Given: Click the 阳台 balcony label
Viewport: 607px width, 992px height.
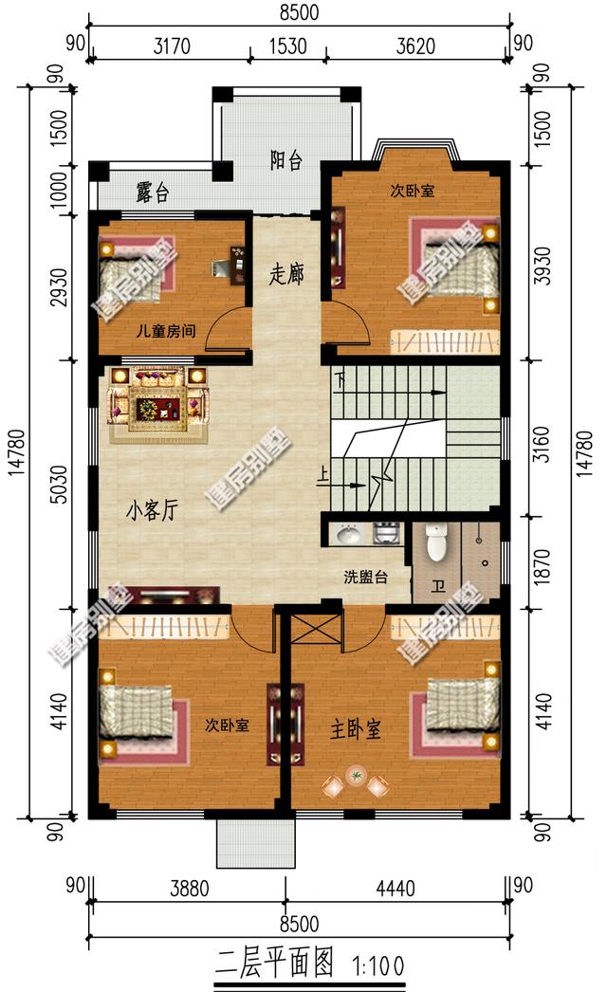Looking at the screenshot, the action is (x=286, y=160).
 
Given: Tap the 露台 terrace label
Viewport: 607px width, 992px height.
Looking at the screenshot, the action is (x=153, y=193).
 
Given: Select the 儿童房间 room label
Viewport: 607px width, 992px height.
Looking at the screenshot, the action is (x=166, y=331).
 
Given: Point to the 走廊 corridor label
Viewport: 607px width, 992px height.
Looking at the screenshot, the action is (x=286, y=274).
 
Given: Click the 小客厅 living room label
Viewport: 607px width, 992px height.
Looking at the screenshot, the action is (x=152, y=510).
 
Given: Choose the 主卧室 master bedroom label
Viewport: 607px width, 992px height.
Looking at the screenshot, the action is (x=356, y=729).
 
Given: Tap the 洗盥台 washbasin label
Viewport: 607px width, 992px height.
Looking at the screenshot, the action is (x=366, y=577).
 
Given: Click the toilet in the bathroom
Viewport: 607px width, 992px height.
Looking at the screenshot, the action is (x=436, y=542).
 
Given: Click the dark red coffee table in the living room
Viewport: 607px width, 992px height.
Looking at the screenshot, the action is (x=158, y=408).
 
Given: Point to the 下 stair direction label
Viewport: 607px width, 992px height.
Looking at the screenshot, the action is (x=341, y=382).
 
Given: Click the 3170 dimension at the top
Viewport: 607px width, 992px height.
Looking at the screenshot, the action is (x=172, y=46).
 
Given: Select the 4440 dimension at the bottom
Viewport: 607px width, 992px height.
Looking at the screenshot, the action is (x=395, y=889).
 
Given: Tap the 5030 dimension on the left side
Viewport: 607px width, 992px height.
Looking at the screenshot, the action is (x=59, y=485).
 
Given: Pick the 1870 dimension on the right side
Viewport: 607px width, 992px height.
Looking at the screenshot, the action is (x=542, y=566).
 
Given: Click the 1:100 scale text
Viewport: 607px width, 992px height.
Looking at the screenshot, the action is (x=377, y=965).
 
